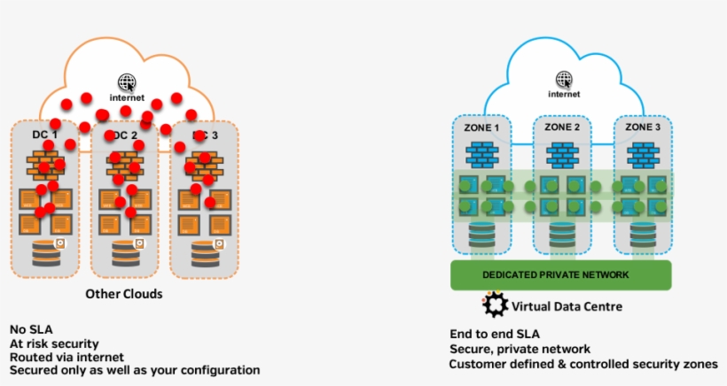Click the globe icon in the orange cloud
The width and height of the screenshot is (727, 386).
tap(128, 81)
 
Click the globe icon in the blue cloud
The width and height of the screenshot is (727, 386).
tap(564, 79)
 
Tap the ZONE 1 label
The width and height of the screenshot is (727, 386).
tap(482, 127)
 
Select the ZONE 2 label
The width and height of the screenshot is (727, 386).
tap(563, 127)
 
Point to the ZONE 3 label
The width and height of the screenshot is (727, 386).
tap(644, 127)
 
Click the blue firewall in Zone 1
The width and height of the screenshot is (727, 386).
tap(482, 155)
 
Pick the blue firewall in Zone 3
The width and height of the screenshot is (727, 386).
tap(644, 155)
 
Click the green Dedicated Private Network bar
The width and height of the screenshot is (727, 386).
tap(556, 274)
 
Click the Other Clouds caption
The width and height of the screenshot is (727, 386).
tap(124, 293)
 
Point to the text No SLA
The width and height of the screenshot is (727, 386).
tap(31, 328)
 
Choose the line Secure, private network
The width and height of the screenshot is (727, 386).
tap(520, 350)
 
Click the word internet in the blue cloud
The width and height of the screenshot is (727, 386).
tap(564, 94)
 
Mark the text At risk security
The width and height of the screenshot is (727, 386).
tap(54, 343)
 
